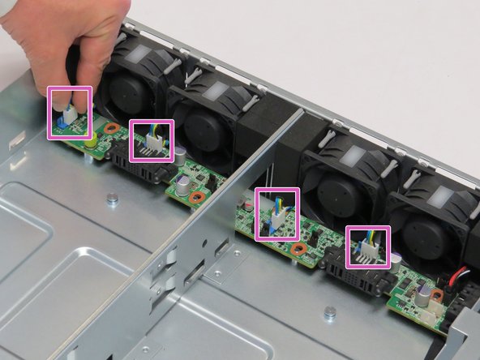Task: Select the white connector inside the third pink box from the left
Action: click(276, 220)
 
